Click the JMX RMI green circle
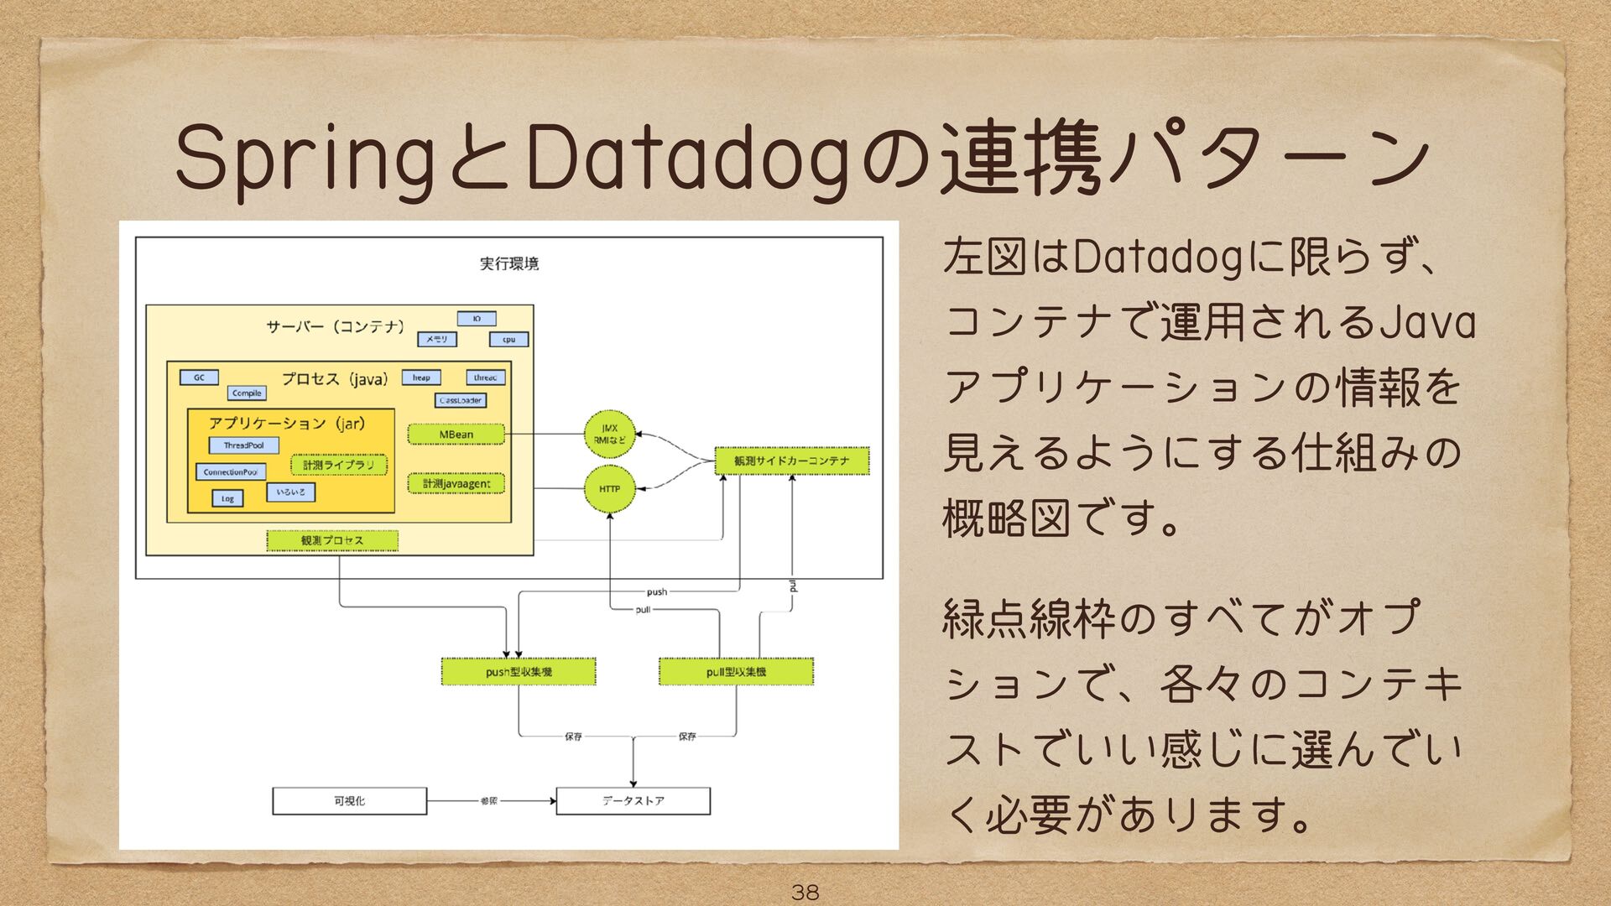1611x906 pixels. point(609,435)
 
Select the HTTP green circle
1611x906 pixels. point(609,489)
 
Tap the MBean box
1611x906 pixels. point(456,435)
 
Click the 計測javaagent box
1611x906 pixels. point(456,484)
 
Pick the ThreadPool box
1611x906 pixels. point(243,445)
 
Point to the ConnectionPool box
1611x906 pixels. point(230,472)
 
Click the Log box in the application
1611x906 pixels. point(227,498)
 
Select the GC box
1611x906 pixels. point(199,377)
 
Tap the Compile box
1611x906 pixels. point(247,393)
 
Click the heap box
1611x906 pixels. point(421,377)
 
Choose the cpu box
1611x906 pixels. point(508,340)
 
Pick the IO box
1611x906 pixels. point(477,319)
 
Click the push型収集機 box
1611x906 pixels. point(519,672)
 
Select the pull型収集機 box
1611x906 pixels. point(736,672)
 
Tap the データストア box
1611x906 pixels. point(633,801)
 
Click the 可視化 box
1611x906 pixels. point(349,801)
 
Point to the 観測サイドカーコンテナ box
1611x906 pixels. point(791,461)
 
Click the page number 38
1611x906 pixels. point(805,892)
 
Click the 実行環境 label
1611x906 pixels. point(508,263)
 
